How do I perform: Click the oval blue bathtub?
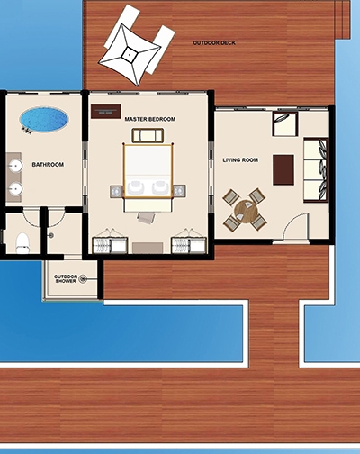[x=44, y=119]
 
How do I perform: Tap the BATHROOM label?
[x=48, y=165]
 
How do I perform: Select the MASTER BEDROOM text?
[x=150, y=119]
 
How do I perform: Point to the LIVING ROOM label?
[x=240, y=160]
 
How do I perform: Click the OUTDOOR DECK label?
[x=214, y=43]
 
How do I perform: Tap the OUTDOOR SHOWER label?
[x=66, y=278]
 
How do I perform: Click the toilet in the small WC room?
[x=22, y=243]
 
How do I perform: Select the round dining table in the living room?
[x=247, y=212]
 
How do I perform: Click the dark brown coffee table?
[x=283, y=170]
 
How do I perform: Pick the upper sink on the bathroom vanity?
[x=15, y=165]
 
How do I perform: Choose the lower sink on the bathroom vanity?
[x=15, y=189]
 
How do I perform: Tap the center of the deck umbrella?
[x=130, y=55]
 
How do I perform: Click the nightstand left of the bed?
[x=116, y=191]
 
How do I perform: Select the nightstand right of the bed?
[x=179, y=191]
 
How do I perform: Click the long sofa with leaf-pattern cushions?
[x=316, y=170]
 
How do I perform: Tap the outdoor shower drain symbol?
[x=83, y=279]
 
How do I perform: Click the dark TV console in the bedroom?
[x=106, y=112]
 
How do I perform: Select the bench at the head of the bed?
[x=148, y=135]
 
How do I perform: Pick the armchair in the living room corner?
[x=285, y=123]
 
